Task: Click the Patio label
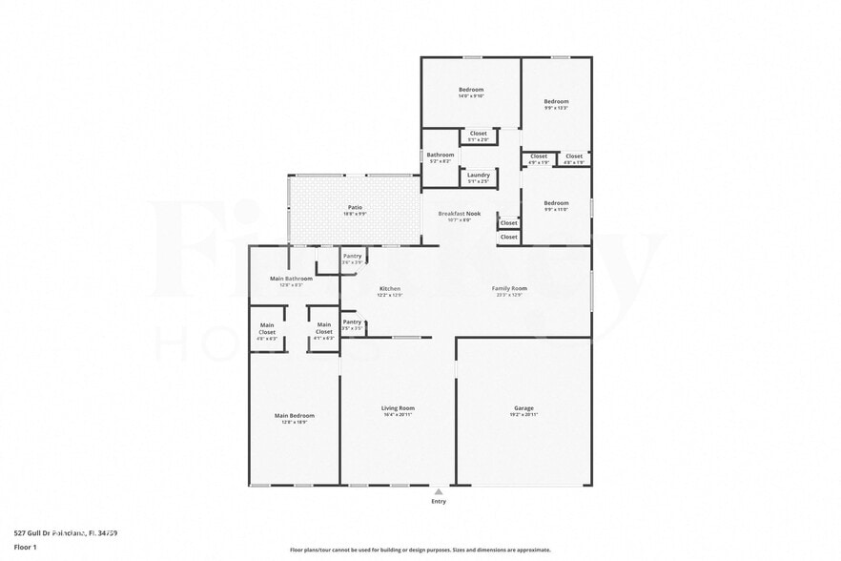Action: (x=354, y=207)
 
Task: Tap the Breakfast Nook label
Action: (x=459, y=214)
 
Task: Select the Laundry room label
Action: (x=478, y=175)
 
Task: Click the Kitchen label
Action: (x=389, y=288)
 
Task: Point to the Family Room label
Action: (x=509, y=288)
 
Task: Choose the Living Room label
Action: (x=398, y=408)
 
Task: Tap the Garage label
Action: (x=523, y=408)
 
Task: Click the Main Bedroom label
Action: (x=294, y=415)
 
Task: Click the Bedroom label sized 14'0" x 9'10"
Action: (x=471, y=90)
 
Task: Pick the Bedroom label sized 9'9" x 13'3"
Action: (x=556, y=101)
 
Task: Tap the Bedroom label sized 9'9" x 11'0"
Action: (x=556, y=202)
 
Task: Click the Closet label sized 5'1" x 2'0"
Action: (x=478, y=134)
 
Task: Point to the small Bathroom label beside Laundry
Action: (x=440, y=155)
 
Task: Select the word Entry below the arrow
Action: (x=439, y=501)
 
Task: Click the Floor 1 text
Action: (x=25, y=547)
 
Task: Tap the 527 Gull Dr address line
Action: (x=66, y=532)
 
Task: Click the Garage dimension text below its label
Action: (x=523, y=415)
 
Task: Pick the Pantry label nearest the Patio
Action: (x=352, y=256)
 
